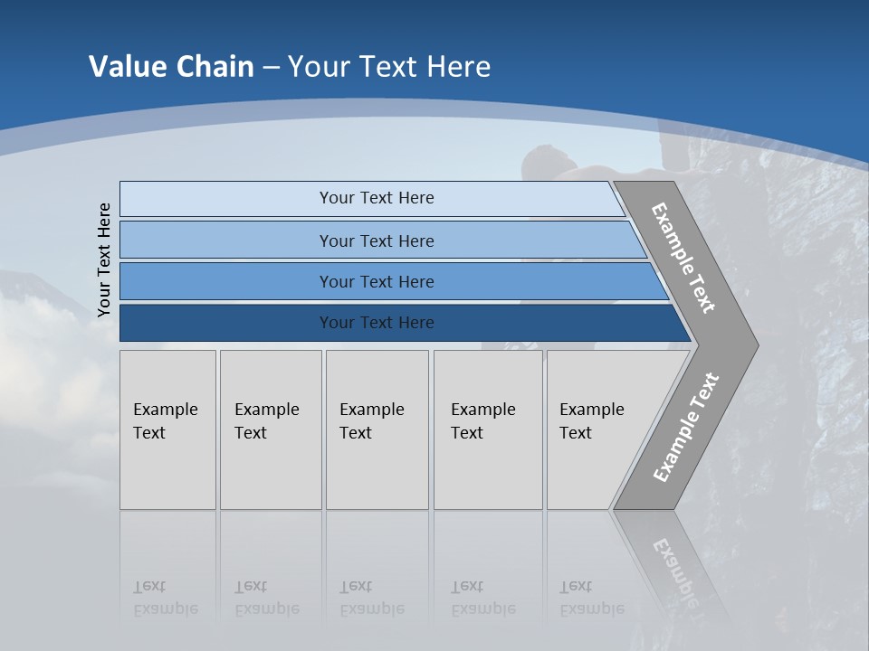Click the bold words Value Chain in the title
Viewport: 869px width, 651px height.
pos(171,67)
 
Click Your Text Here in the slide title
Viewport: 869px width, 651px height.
pos(389,67)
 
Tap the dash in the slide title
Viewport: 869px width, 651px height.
pos(271,68)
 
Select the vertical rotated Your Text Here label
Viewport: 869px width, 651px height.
pos(104,259)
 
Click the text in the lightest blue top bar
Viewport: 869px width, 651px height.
pos(377,198)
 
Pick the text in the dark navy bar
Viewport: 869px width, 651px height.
pos(377,323)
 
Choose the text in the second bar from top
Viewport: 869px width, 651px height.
pos(377,241)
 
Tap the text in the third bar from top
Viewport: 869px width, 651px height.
pos(377,282)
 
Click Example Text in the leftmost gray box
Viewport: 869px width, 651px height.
pos(165,421)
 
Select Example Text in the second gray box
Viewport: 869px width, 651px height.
pos(266,421)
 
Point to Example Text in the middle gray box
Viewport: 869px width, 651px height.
pos(371,421)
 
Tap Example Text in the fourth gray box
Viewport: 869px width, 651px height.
pos(482,421)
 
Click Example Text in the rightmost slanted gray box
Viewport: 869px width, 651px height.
pos(591,421)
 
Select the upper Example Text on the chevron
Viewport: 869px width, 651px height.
pos(683,258)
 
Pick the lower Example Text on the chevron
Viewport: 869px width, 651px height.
pos(685,428)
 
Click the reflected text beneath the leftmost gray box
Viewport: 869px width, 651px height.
pos(165,598)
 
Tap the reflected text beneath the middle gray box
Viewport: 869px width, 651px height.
pos(371,598)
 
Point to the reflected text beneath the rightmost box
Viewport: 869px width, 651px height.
pos(591,598)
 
